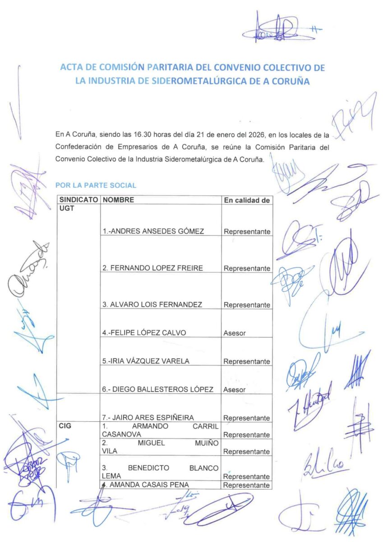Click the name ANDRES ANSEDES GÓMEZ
[x=153, y=231]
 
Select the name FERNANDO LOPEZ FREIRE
[x=152, y=268]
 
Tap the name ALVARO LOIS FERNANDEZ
[x=152, y=305]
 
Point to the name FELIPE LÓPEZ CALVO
[x=144, y=333]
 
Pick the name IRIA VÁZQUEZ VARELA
[x=146, y=361]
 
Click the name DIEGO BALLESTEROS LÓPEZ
[x=157, y=389]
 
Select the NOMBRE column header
[x=118, y=200]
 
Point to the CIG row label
[x=66, y=426]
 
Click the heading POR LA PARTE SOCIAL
[x=96, y=185]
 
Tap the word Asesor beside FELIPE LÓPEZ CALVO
[x=235, y=333]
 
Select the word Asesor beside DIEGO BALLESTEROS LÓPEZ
[x=235, y=390]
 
